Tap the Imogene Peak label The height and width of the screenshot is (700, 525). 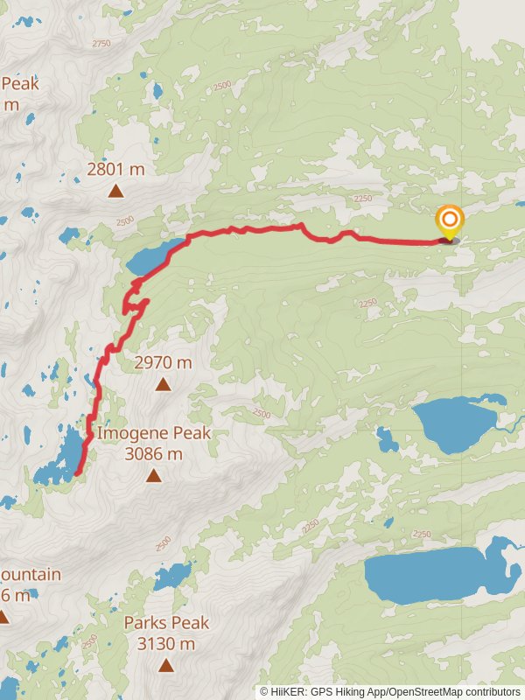[x=153, y=433]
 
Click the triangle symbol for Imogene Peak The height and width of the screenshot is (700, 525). [x=154, y=476]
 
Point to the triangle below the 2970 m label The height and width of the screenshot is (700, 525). [x=163, y=384]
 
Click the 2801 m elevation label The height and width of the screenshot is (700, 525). [x=115, y=170]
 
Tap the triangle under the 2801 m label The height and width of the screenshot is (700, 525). [x=115, y=191]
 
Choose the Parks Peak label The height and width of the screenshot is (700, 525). [x=166, y=623]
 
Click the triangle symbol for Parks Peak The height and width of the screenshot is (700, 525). [x=166, y=666]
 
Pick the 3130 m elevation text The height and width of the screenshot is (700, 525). [x=166, y=644]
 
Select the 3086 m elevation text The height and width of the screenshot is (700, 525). [x=154, y=454]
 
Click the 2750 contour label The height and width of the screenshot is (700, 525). [x=101, y=43]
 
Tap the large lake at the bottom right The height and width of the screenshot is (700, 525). [x=429, y=576]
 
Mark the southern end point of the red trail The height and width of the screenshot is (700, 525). [x=78, y=473]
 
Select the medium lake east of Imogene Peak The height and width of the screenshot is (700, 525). [x=455, y=423]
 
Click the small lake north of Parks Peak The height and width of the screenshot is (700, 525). [x=173, y=576]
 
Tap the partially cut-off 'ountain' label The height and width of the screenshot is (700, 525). [x=31, y=575]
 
